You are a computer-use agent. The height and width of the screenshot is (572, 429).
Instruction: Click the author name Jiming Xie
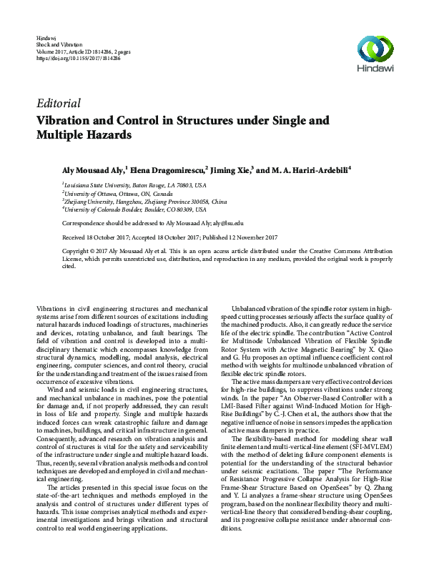pos(230,171)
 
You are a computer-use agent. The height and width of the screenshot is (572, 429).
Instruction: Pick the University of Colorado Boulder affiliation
pos(135,211)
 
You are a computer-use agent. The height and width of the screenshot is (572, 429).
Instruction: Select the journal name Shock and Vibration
pos(56,44)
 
